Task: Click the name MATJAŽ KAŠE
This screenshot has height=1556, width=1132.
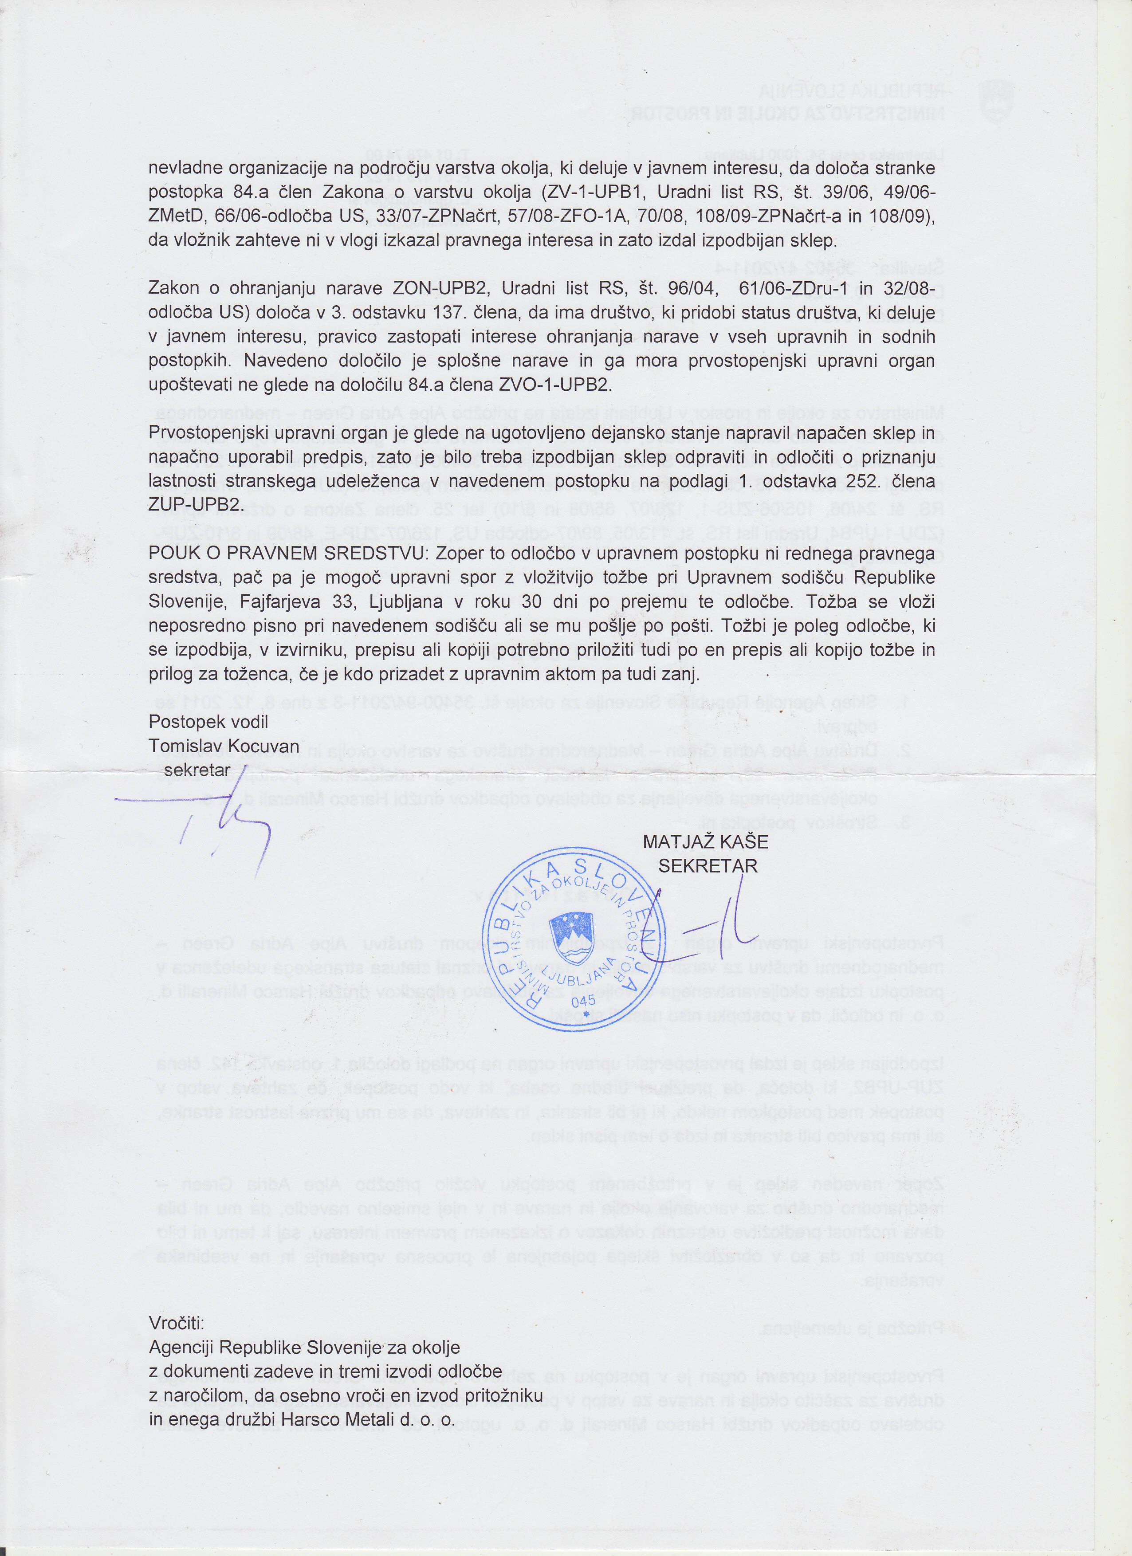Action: click(705, 842)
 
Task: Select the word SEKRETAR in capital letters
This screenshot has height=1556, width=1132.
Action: click(707, 866)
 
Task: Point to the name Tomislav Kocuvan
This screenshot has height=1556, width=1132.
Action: click(224, 746)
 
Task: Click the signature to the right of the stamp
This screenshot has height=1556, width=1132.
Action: click(707, 940)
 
